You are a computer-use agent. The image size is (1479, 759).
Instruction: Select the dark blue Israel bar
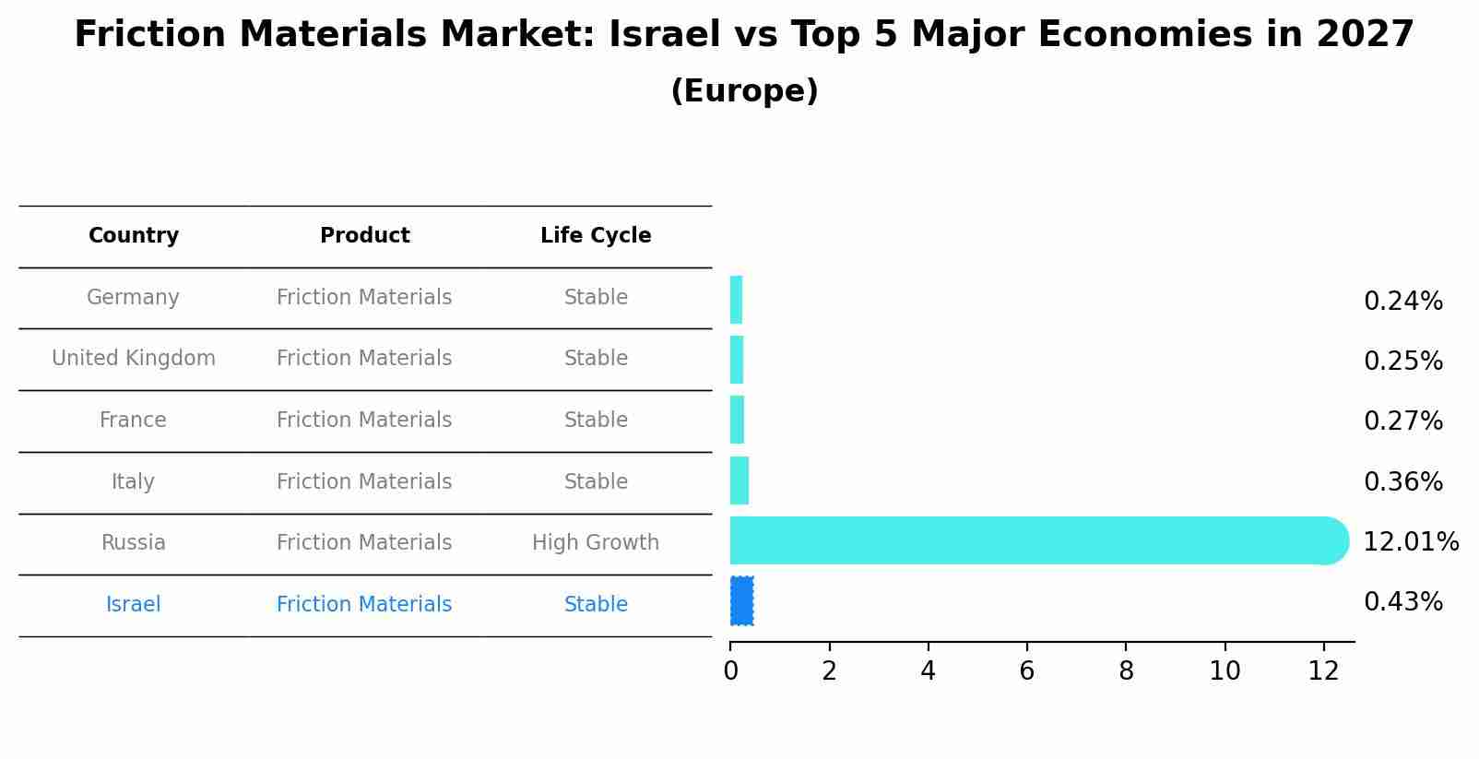click(741, 601)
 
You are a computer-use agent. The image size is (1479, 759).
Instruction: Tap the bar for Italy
click(739, 480)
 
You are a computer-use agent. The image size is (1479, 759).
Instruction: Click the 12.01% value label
click(1410, 542)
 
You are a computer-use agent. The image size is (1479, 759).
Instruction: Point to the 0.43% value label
click(1402, 602)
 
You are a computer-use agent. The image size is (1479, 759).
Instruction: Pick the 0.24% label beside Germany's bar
click(1402, 302)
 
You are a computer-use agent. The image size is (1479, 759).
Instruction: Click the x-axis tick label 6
click(1026, 671)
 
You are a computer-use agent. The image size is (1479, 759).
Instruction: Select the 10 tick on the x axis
click(1224, 671)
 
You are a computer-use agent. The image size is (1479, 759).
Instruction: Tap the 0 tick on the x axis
click(730, 671)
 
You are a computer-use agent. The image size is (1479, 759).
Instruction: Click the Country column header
click(134, 236)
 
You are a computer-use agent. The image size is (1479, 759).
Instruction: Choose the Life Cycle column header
click(596, 236)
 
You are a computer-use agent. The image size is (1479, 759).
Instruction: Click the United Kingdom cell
click(134, 359)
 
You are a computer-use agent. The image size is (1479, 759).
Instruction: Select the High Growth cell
click(596, 543)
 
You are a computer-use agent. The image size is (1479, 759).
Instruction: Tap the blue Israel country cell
click(134, 605)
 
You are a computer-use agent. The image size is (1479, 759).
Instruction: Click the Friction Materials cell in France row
click(364, 421)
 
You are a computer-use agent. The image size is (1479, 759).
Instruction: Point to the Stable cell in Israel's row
click(596, 605)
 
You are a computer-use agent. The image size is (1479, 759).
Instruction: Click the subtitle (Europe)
click(744, 91)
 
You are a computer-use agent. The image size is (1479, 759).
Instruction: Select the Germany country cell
click(134, 298)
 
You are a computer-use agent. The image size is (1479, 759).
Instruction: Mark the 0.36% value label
click(1402, 482)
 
